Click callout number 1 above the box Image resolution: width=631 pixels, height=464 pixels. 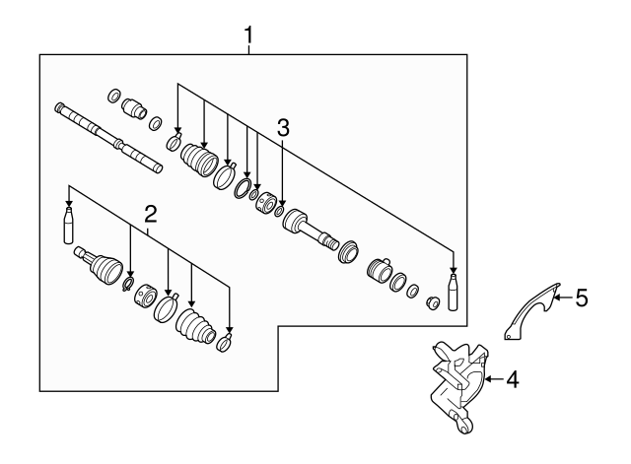[x=249, y=36]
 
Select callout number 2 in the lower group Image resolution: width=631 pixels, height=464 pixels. [x=150, y=214]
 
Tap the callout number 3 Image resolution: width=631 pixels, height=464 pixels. [x=283, y=126]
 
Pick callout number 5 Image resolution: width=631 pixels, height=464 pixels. [x=582, y=296]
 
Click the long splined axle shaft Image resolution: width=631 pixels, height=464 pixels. [x=108, y=136]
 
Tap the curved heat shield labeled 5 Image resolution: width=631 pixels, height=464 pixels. [x=530, y=312]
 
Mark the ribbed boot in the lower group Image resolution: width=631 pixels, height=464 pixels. [x=194, y=326]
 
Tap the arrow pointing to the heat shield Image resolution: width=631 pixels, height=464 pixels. [x=562, y=296]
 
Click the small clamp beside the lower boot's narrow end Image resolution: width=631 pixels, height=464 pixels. [x=224, y=343]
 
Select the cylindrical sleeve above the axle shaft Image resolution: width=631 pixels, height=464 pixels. [x=133, y=104]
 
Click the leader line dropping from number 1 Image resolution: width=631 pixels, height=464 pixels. [x=249, y=50]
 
